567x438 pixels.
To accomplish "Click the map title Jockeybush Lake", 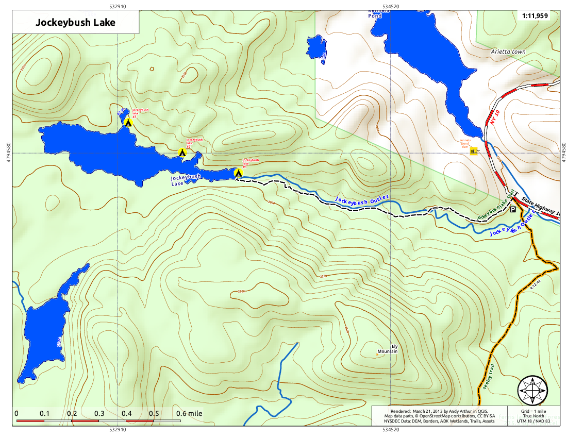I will pos(75,23).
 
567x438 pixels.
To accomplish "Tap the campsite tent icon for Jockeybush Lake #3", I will pos(127,122).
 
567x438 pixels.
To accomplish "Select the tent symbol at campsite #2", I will pos(181,153).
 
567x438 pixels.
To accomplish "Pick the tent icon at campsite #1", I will pos(238,173).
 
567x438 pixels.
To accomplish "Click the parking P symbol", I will pos(512,210).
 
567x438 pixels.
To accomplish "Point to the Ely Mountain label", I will pos(388,349).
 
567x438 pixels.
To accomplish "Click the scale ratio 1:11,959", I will pos(535,16).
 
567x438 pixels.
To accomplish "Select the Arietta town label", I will pos(508,52).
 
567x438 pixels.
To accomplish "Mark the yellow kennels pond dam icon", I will pos(474,150).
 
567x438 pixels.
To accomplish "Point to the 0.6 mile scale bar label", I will pos(189,413).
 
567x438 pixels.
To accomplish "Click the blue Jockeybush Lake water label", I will pos(186,180).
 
